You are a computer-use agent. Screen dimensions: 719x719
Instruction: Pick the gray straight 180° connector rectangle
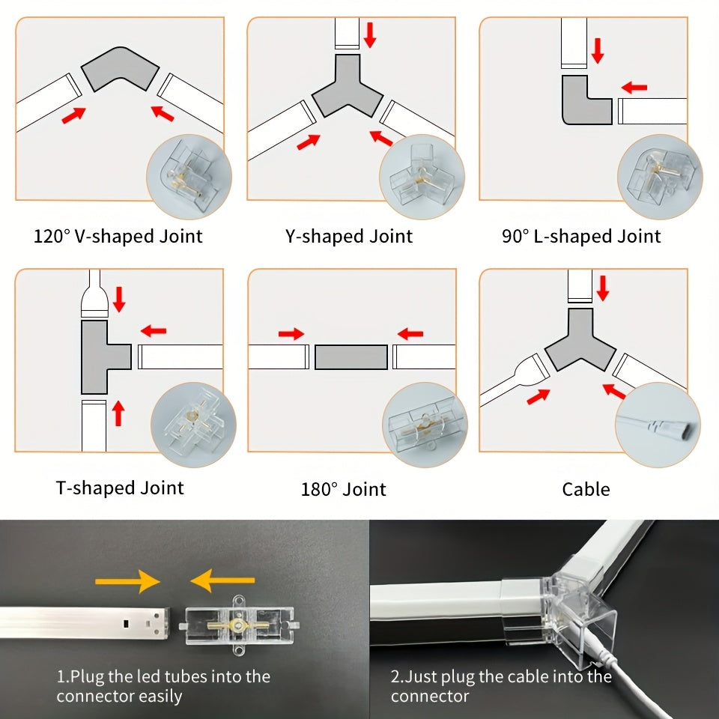tap(351, 357)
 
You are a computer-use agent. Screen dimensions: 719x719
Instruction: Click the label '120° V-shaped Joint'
tap(118, 237)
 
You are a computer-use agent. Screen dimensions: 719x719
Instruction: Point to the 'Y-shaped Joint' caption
tap(349, 237)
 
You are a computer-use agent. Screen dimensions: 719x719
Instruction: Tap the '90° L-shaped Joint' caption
tap(581, 237)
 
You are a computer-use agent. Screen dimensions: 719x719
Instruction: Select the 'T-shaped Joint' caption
tap(120, 488)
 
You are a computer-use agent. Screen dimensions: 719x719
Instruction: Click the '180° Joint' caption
tap(344, 489)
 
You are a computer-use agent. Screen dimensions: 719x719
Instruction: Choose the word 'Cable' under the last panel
tap(586, 489)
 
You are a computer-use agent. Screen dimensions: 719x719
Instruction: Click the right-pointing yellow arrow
tap(127, 581)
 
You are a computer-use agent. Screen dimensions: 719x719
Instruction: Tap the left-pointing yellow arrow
tap(222, 580)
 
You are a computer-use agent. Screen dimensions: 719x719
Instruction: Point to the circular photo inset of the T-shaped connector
tap(193, 425)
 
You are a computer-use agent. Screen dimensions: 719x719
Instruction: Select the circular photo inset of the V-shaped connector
tap(189, 177)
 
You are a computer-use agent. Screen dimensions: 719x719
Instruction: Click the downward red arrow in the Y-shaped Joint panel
tap(370, 35)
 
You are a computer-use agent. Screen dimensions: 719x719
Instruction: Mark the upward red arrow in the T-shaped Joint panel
tap(119, 413)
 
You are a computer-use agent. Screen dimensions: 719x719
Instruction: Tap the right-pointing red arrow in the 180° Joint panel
tap(291, 334)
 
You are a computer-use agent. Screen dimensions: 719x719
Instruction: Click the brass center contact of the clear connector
tap(237, 625)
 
